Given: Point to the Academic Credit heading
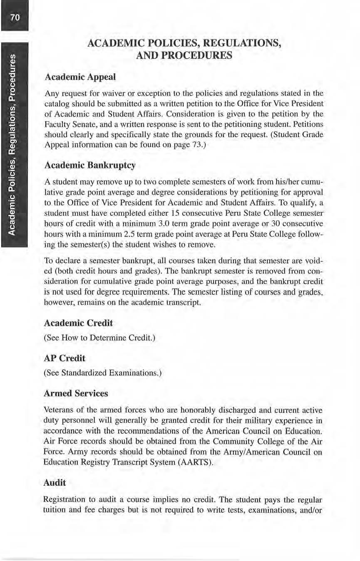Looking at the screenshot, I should [x=78, y=323].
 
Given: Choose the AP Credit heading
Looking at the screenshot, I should [x=64, y=358].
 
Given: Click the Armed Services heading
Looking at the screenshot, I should [x=76, y=393].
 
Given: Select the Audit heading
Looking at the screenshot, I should [x=55, y=482].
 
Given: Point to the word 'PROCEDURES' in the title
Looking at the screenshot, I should [x=184, y=56].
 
